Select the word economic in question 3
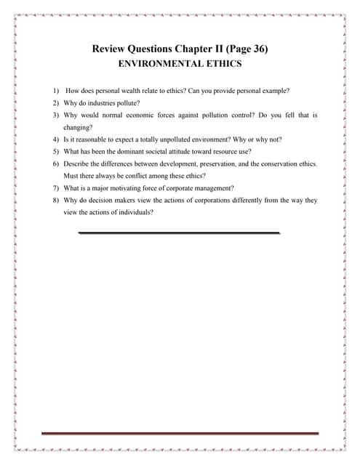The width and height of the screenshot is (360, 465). tap(145, 115)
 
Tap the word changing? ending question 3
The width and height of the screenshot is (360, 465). tap(79, 127)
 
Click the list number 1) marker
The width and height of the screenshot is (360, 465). tap(55, 91)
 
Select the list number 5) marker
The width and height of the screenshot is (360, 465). tap(55, 152)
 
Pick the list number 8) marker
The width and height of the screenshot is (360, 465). tap(55, 201)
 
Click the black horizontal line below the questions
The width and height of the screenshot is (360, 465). tap(179, 233)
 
